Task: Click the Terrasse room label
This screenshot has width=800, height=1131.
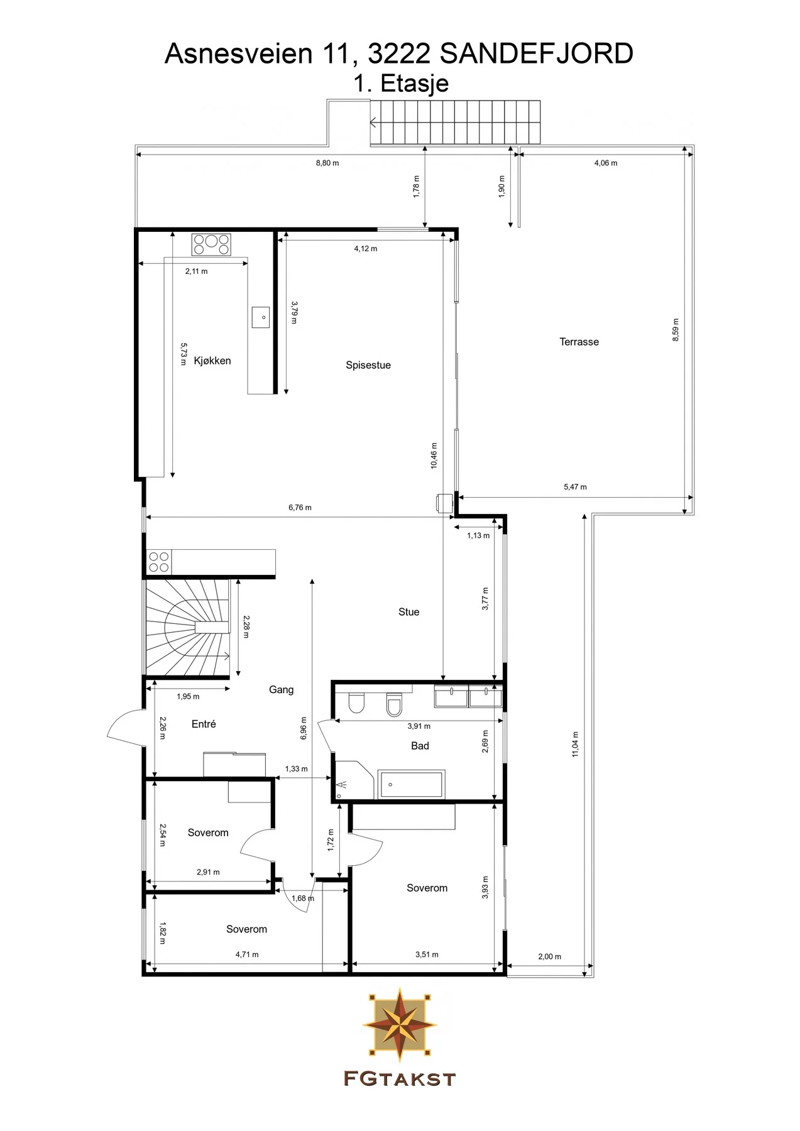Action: (x=579, y=342)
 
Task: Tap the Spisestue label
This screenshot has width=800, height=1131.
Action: (x=368, y=365)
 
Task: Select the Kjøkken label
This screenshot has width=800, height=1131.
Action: (x=212, y=361)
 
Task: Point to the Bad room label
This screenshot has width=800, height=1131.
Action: (x=420, y=746)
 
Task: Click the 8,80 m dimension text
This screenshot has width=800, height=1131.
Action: (x=327, y=163)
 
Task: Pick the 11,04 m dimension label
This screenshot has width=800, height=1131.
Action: (x=575, y=744)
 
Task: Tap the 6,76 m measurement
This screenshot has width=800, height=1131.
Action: (x=300, y=508)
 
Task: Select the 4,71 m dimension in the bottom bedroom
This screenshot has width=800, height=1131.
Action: (x=247, y=954)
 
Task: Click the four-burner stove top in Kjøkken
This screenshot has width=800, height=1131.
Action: (x=211, y=244)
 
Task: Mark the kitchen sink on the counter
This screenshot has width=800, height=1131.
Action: (x=261, y=317)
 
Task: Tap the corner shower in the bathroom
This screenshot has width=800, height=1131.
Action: (x=354, y=781)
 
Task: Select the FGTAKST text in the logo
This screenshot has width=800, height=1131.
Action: (x=399, y=1079)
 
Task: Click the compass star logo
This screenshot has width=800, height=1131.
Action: (x=399, y=1025)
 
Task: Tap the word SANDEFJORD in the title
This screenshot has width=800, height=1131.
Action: (x=536, y=54)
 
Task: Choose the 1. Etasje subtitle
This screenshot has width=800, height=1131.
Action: (x=401, y=84)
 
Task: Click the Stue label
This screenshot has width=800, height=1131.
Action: (x=408, y=612)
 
